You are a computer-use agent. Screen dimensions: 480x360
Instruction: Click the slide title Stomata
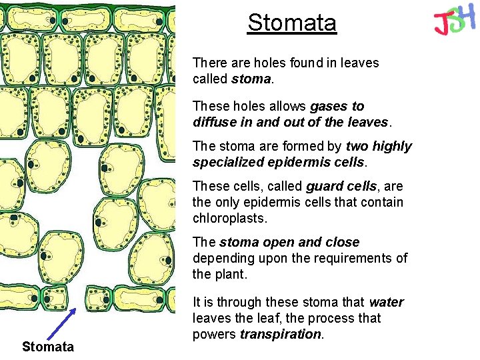tap(292, 23)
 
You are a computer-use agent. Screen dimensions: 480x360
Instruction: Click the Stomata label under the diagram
tap(47, 347)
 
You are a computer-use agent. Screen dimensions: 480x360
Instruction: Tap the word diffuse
tap(215, 122)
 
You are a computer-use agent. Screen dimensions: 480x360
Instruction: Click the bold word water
tap(386, 302)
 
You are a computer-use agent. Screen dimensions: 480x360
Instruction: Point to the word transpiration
tap(281, 334)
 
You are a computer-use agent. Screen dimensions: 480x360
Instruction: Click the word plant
tap(231, 274)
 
